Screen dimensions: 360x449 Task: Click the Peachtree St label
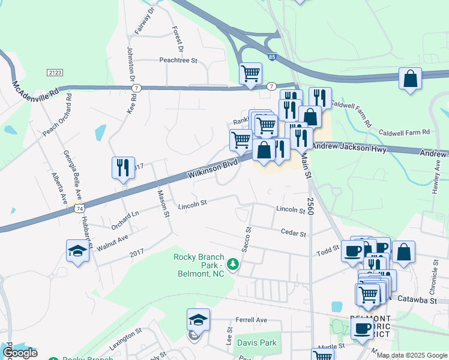(x=178, y=61)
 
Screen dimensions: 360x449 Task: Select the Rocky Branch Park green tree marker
(x=231, y=263)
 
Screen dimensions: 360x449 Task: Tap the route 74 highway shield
(x=79, y=208)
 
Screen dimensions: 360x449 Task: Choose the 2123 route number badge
(x=54, y=72)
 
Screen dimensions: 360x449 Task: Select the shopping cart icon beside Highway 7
(x=250, y=74)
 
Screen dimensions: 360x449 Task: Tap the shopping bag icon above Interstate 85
(x=410, y=79)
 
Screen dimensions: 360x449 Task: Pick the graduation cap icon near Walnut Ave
(x=77, y=251)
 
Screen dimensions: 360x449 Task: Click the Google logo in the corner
(x=20, y=353)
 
